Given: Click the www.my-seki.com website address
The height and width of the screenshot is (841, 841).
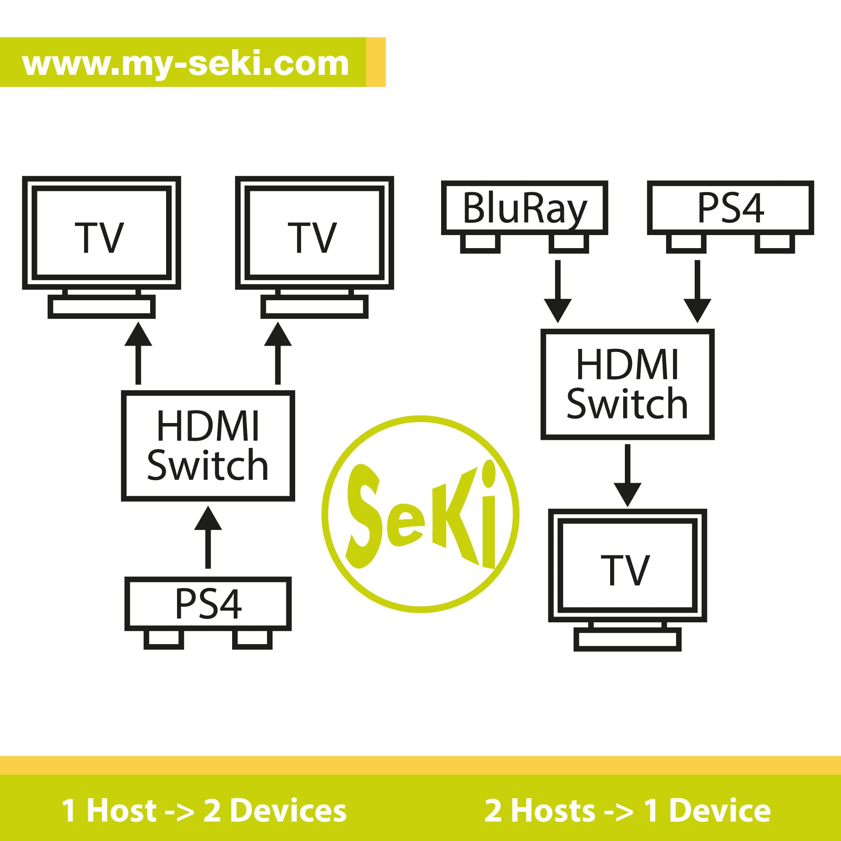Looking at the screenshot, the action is (x=185, y=63).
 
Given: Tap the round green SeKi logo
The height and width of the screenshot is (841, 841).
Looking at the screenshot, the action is (x=420, y=514).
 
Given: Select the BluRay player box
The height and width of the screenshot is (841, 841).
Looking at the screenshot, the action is (x=524, y=208).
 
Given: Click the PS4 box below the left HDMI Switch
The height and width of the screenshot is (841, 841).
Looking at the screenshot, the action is (x=208, y=604).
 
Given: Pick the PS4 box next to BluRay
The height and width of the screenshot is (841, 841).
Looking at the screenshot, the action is (x=730, y=208).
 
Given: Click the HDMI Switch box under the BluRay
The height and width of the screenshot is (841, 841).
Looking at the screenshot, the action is (x=627, y=384).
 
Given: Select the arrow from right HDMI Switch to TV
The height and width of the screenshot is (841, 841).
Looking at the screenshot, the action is (x=627, y=474).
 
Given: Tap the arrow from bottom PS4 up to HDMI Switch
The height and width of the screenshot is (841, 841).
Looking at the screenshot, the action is (x=208, y=537).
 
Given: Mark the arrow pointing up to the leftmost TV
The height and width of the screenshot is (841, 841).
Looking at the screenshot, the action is (x=138, y=354).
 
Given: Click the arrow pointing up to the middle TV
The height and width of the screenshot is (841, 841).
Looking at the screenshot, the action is (x=278, y=354).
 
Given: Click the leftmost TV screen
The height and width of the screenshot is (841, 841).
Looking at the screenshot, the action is (x=101, y=233).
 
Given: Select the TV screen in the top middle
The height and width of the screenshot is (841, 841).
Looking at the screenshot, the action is (x=314, y=233).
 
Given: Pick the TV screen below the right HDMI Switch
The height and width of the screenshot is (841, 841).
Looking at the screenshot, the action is (x=627, y=566).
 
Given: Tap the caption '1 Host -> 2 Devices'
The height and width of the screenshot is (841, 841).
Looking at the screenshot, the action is (x=204, y=811).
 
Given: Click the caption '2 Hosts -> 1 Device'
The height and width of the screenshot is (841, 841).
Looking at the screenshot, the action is (x=627, y=811).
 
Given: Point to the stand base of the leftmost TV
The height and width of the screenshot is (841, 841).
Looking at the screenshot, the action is (x=101, y=307).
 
